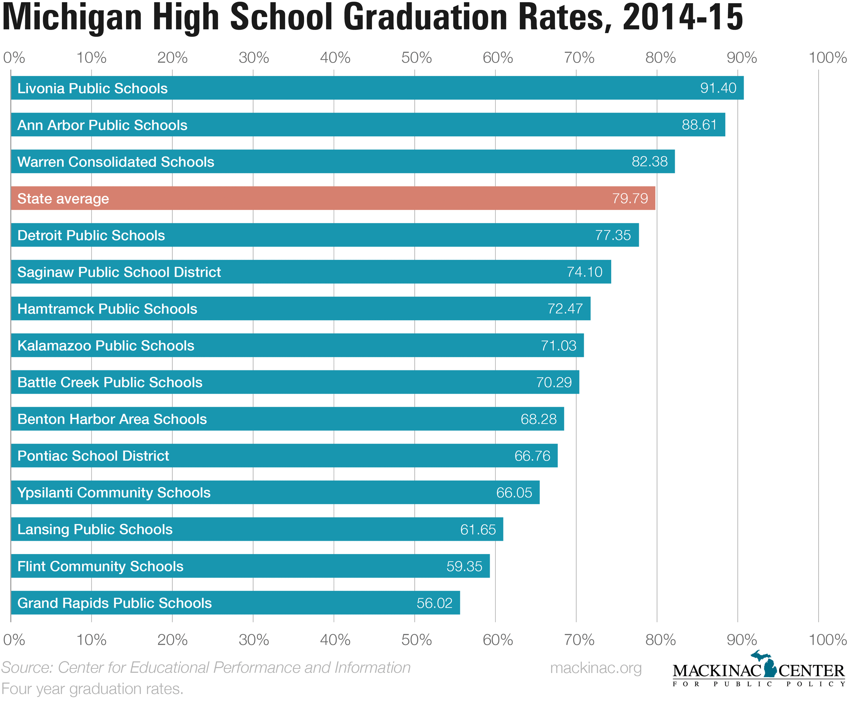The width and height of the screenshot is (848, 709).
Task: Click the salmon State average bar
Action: coord(333,198)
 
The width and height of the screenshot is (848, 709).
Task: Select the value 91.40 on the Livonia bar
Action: coord(718,88)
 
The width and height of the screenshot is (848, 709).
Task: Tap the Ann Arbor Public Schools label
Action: coord(102,125)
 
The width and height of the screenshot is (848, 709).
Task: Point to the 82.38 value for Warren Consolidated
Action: coord(649,161)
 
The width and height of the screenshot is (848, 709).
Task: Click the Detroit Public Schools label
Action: coord(91,235)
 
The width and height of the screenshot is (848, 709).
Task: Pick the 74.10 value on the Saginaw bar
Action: coord(584,272)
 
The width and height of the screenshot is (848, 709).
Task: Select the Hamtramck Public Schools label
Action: coord(107,309)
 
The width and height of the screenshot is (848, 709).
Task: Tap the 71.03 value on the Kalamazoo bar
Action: coord(559,345)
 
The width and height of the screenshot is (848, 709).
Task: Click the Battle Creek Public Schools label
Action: coord(110,382)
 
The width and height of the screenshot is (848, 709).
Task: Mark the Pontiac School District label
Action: coord(93,455)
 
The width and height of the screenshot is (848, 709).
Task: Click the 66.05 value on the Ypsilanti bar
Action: coord(514,493)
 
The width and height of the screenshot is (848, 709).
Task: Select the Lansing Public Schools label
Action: coord(95,529)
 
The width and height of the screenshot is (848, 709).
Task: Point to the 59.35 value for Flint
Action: coord(464,566)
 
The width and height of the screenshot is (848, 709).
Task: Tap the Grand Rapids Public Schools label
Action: coord(115,603)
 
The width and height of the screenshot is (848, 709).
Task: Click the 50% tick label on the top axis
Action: coord(416,58)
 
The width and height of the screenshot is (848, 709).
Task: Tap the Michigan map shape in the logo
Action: coord(769,665)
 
